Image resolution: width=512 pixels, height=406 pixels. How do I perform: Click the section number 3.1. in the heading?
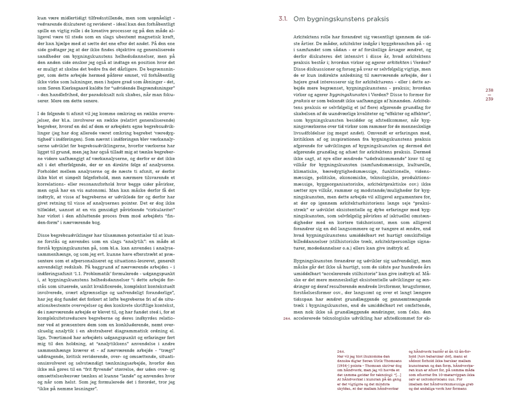[283, 19]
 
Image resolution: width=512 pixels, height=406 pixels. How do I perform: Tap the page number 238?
[489, 90]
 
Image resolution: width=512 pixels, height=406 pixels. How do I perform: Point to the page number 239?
[489, 99]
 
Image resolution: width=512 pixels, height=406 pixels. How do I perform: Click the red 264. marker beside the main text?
[286, 319]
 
